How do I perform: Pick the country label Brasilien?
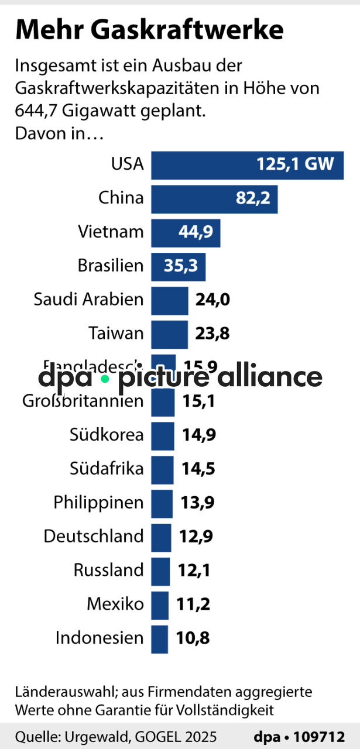coord(111,266)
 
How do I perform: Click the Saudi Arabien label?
coord(88,300)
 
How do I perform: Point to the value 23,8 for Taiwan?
coord(212,334)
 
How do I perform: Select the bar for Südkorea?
coord(163,435)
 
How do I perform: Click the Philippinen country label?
coord(98,502)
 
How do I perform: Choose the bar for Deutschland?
coord(161,537)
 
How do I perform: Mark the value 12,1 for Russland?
coord(194,571)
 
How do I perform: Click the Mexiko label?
coord(115,604)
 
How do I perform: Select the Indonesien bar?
coord(159,638)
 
